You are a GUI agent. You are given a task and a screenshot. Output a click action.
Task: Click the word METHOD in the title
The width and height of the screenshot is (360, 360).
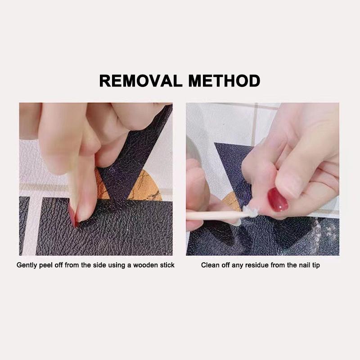[x=225, y=81]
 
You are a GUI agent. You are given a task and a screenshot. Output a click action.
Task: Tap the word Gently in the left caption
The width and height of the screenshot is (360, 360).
[x=27, y=265]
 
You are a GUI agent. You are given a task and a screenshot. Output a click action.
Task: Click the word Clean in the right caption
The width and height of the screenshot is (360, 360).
[x=209, y=265]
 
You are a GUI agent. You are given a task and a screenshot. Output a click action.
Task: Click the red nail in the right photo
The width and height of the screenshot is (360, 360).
[x=278, y=199]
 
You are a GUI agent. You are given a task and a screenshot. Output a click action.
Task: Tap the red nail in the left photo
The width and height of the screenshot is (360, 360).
[x=73, y=216]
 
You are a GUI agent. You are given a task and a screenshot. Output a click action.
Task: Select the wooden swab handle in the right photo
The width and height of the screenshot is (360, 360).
[x=211, y=216]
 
